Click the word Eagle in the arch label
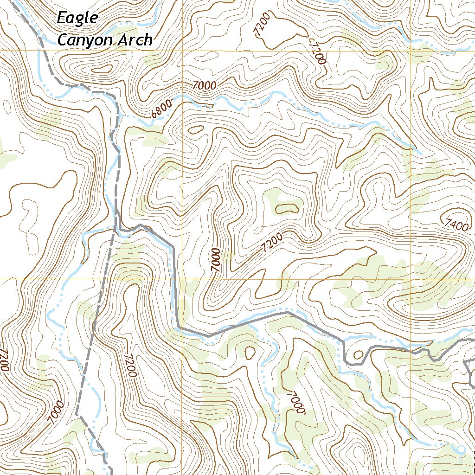pos(77,19)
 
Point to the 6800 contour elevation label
pos(160,108)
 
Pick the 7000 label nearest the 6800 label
pos(205,85)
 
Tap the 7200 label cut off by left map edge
pos(4,359)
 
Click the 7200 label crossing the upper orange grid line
pos(318,51)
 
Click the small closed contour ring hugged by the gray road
pos(358,355)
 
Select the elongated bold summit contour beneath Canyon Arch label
pos(103,70)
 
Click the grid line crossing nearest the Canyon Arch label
pos(182,50)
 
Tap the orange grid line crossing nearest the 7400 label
pos(411,279)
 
